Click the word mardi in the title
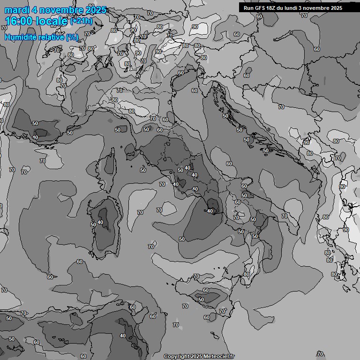(16, 10)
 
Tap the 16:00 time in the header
(19, 21)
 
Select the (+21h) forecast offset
(82, 21)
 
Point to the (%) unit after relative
(72, 37)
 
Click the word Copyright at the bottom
(176, 356)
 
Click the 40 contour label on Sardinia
(100, 222)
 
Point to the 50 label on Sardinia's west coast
(93, 225)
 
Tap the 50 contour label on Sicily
(201, 300)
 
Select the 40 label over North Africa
(123, 336)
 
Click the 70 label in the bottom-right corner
(320, 354)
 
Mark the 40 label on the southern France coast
(35, 137)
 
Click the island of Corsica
(111, 162)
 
